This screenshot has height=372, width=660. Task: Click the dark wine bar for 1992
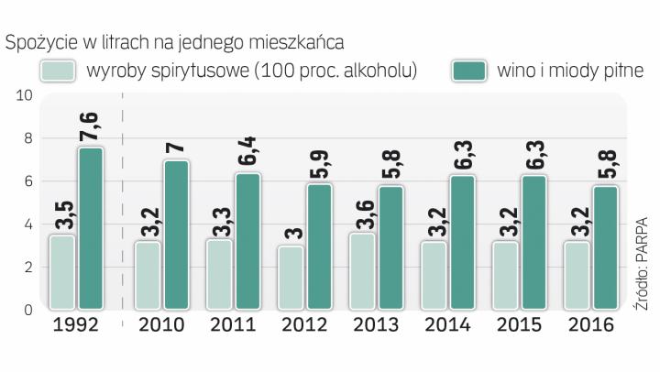coord(92,228)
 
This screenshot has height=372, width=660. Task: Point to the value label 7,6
coord(92,123)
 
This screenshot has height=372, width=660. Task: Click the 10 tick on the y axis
coord(24,95)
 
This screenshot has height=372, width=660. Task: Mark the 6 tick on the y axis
coord(28,181)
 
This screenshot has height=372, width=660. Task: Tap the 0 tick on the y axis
coord(28,310)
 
